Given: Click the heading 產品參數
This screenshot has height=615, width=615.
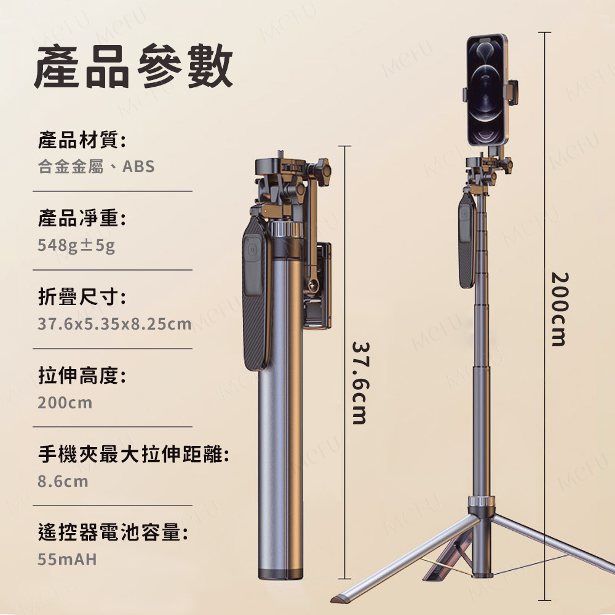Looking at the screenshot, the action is tap(133, 66).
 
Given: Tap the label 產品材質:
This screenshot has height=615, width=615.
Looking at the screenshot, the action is tap(82, 140).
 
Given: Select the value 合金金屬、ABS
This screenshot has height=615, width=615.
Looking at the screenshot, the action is tap(96, 166).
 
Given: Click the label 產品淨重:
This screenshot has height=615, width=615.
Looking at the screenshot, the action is tap(82, 218).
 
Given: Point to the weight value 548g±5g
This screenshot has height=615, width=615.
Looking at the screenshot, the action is tap(76, 245).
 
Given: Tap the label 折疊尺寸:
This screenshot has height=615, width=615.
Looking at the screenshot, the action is tap(82, 296).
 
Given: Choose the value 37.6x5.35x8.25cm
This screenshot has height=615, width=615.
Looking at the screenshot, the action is tap(114, 324).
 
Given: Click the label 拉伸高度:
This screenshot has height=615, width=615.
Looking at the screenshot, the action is tap(82, 375).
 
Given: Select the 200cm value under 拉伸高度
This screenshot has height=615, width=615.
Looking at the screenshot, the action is tap(65, 403).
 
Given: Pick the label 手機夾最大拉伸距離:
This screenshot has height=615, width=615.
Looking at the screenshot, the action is tap(133, 454).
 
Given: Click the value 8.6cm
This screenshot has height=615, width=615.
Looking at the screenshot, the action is tap(63, 482).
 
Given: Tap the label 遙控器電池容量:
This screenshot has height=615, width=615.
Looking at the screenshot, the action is tap(113, 532).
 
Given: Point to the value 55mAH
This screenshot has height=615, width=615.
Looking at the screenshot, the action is tap(67, 559).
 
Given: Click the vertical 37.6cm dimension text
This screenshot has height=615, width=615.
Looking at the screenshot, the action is tap(359, 383).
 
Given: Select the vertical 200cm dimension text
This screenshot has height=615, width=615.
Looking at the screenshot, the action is tap(559, 309).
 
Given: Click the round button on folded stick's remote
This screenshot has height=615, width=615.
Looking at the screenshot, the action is tap(253, 250).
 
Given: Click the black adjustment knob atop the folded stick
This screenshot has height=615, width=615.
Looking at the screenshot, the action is tap(322, 171).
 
